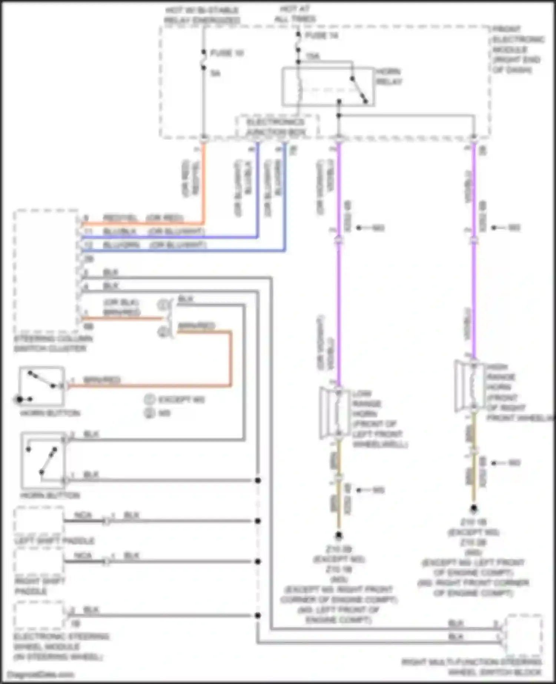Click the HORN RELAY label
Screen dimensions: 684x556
pos(388,76)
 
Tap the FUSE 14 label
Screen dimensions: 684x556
pos(321,35)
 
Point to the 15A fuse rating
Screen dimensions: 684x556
pos(312,56)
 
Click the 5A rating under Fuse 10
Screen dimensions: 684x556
pos(215,73)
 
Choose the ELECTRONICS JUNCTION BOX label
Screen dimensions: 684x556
pos(276,127)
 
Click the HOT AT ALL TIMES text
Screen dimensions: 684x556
pos(295,14)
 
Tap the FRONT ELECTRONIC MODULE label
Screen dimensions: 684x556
pos(517,49)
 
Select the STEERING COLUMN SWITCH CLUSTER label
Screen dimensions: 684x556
pos(53,343)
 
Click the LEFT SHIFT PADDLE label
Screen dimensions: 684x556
pos(54,541)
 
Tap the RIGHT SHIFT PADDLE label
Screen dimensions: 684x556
pos(40,586)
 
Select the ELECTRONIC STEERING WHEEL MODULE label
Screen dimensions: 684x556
pos(61,647)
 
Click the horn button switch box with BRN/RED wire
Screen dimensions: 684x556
pos(42,386)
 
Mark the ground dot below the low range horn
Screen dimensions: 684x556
pos(338,535)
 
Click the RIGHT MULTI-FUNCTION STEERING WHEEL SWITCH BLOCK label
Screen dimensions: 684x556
pos(471,667)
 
